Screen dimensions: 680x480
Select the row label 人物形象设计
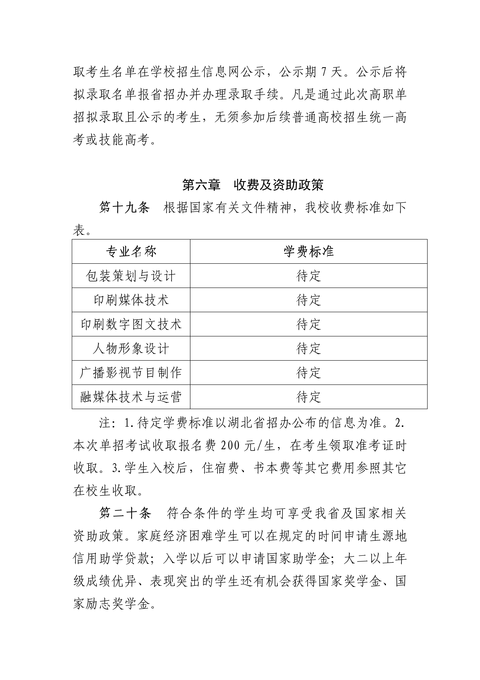pos(131,349)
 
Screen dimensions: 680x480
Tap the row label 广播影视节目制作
pos(131,373)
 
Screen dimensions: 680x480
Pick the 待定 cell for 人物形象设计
pos(308,349)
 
